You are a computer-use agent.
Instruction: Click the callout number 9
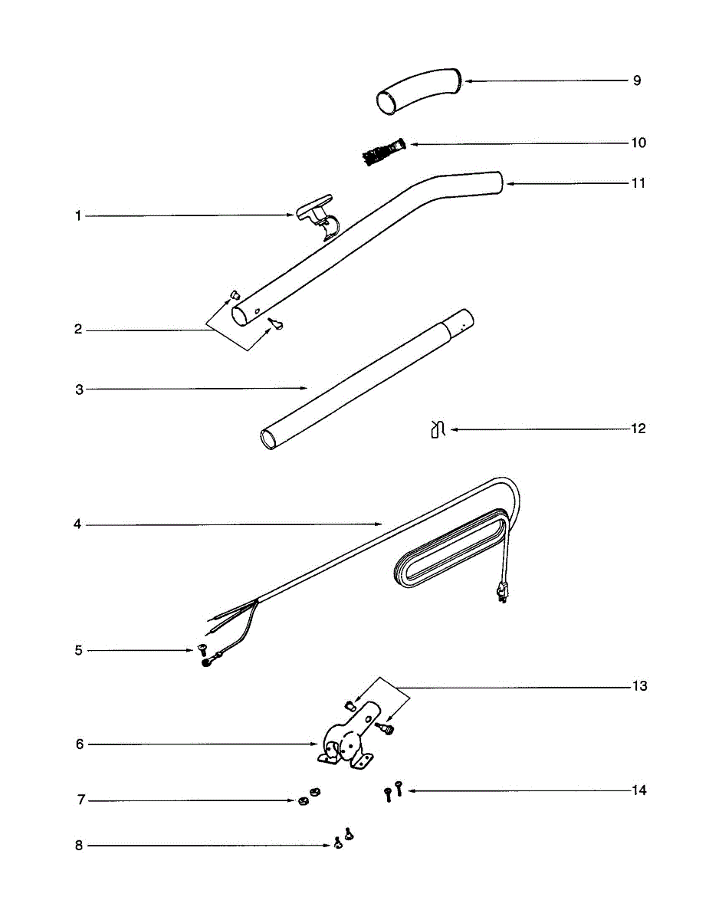[637, 80]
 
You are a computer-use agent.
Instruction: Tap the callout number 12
[638, 429]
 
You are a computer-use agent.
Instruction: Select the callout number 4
[77, 525]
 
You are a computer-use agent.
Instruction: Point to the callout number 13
[639, 686]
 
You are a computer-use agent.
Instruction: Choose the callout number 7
[80, 800]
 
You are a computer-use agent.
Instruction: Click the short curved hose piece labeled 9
[418, 90]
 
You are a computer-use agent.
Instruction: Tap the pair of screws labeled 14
[393, 791]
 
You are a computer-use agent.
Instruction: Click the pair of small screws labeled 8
[343, 839]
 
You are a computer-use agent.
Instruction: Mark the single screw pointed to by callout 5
[205, 650]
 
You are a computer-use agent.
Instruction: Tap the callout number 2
[78, 330]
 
